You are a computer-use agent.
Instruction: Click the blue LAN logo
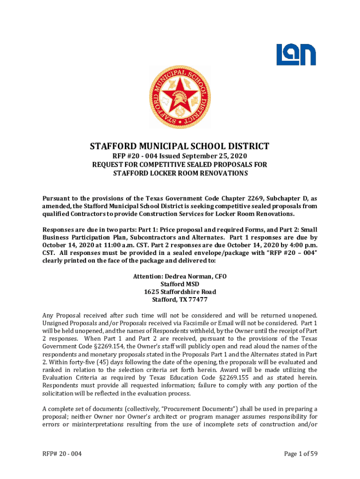point(295,55)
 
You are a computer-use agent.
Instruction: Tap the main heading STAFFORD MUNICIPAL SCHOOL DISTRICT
point(180,145)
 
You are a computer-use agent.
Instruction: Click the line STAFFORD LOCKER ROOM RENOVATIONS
point(180,173)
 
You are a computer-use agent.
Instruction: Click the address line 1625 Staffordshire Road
point(180,292)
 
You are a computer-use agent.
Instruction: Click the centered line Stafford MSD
point(180,284)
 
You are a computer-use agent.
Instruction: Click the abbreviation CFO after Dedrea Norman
point(220,276)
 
